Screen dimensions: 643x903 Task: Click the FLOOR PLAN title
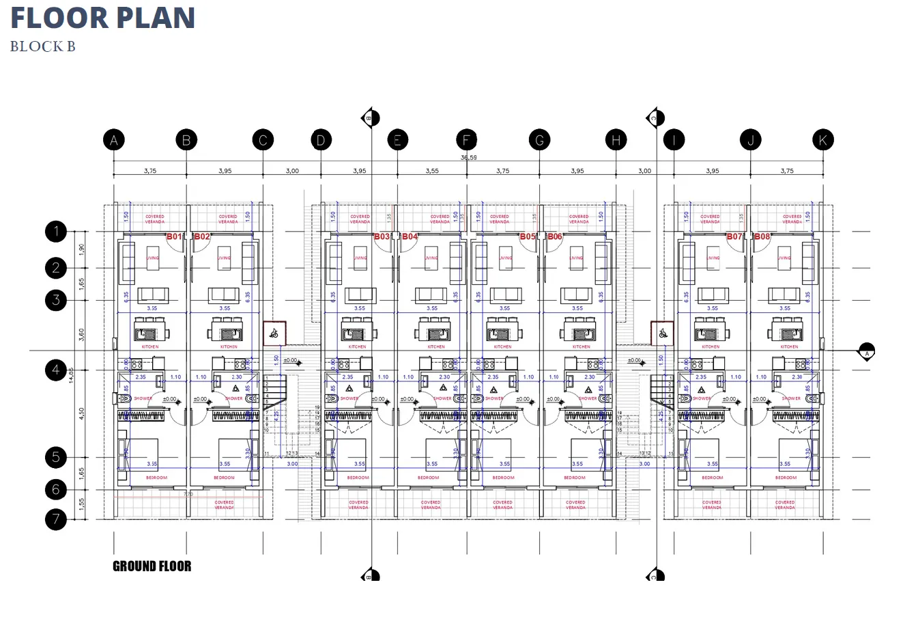point(103,18)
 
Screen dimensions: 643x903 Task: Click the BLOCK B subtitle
point(42,46)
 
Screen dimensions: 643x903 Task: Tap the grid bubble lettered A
point(114,140)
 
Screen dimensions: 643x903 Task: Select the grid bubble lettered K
point(823,140)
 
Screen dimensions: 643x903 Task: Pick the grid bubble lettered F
point(467,140)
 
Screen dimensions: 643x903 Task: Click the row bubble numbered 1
point(56,231)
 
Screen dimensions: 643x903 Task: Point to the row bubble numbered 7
point(56,519)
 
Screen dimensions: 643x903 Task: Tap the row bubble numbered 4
point(56,370)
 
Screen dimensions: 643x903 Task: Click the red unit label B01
point(175,237)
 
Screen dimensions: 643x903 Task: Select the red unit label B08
point(762,237)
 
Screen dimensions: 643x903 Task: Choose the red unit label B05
point(528,237)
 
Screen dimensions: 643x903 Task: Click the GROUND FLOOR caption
point(152,566)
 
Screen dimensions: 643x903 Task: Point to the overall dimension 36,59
point(469,158)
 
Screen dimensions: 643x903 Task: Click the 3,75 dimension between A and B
point(150,171)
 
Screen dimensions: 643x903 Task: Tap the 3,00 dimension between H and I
point(644,171)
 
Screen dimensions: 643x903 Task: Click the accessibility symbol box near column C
point(274,333)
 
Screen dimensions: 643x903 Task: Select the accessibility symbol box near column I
point(662,333)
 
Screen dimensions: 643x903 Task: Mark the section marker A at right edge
point(867,352)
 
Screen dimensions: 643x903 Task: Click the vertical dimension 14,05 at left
point(71,374)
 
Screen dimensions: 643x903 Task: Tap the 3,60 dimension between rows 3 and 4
point(82,335)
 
